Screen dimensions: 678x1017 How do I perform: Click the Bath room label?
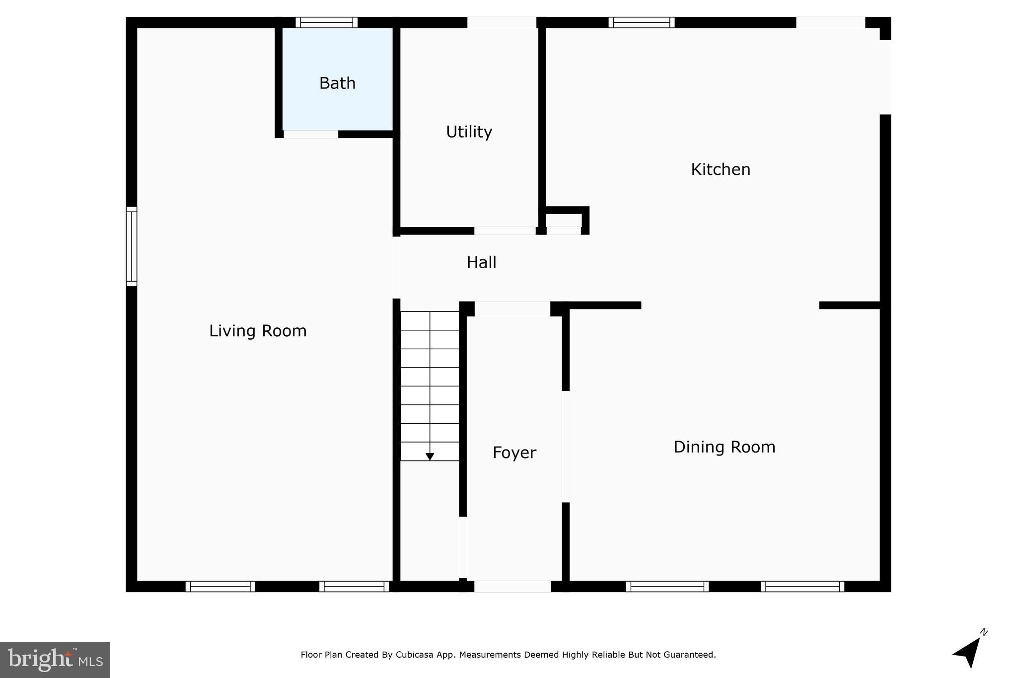tap(337, 83)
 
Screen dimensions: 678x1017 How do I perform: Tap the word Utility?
tap(469, 132)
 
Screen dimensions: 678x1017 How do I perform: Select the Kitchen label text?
tap(720, 170)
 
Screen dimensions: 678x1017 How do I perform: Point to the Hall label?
tap(481, 263)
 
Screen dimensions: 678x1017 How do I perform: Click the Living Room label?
tap(258, 331)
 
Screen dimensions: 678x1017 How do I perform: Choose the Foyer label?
tap(514, 453)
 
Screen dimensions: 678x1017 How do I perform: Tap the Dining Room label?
tap(724, 448)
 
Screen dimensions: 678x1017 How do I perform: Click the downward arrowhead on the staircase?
tap(430, 456)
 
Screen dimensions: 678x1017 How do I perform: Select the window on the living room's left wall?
tap(131, 246)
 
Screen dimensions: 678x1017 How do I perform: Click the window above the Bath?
tap(326, 22)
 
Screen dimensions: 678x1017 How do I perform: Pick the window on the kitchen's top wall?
tap(641, 22)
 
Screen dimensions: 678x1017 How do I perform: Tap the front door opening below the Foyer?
tap(512, 587)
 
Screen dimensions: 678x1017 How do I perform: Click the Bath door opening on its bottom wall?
tap(311, 134)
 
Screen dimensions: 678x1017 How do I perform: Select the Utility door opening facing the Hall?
tap(505, 231)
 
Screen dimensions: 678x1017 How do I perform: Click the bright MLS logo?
tap(55, 660)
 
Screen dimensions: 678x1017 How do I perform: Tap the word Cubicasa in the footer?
tap(413, 655)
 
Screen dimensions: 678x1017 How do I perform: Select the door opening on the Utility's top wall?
tap(502, 22)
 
